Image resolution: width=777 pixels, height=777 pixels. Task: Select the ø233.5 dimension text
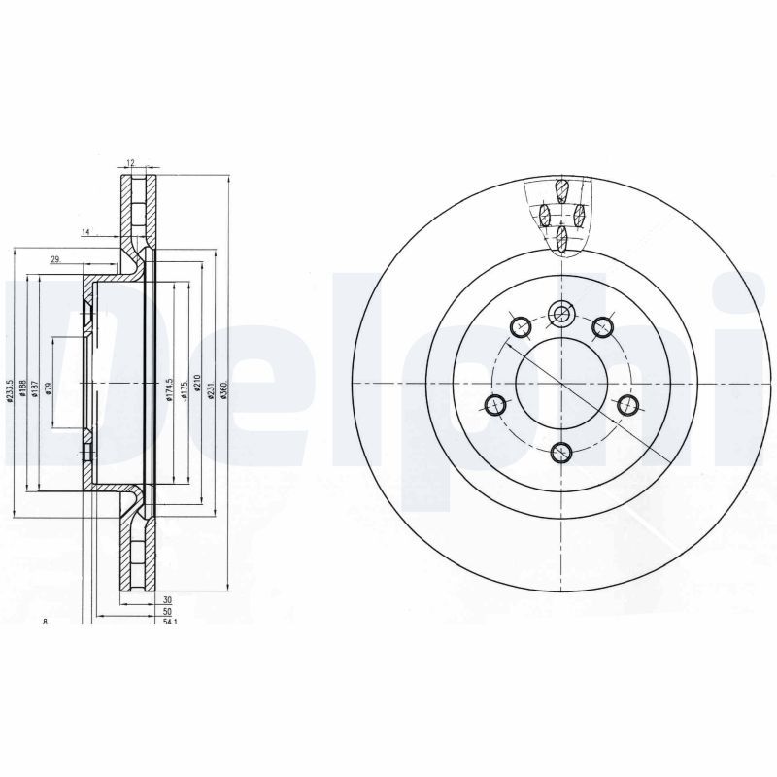[x=11, y=392]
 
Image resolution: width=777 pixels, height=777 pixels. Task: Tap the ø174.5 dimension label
[x=168, y=389]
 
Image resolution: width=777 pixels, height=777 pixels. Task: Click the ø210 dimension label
[x=197, y=383]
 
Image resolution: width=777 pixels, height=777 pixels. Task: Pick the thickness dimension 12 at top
[x=129, y=164]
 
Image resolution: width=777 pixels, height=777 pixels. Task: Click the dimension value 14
[x=85, y=232]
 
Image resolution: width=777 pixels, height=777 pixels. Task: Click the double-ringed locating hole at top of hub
[x=561, y=313]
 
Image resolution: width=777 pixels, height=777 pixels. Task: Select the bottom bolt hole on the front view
[x=561, y=452]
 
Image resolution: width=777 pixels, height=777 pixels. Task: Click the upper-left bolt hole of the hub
[x=520, y=325]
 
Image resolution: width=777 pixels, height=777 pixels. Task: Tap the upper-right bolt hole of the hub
[x=603, y=325]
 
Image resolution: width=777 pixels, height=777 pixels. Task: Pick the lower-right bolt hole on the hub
[x=626, y=404]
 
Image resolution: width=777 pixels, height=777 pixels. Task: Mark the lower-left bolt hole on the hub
[x=496, y=404]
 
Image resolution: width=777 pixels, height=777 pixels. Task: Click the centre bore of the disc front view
[x=561, y=383]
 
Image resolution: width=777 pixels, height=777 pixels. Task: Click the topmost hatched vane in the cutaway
[x=561, y=190]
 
